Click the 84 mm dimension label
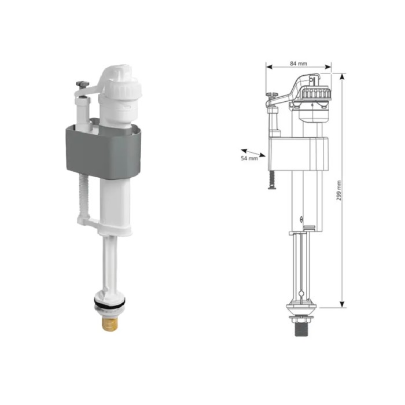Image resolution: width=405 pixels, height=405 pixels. (299, 63)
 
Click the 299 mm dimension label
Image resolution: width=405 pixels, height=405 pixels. (339, 190)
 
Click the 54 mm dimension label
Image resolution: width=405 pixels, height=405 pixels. (249, 159)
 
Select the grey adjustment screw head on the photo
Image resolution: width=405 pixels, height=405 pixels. (82, 84)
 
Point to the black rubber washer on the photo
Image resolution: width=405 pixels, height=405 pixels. (110, 304)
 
